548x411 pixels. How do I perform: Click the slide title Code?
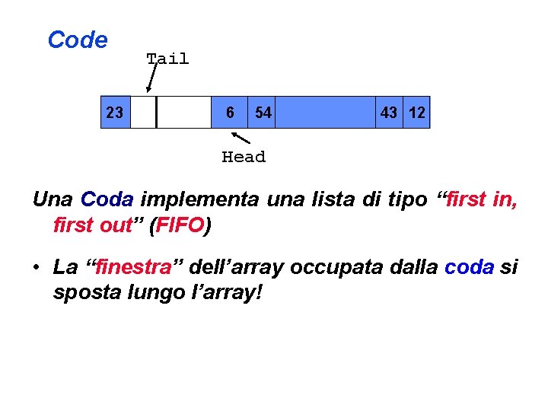77,40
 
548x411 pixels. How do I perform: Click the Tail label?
167,59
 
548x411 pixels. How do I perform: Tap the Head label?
244,158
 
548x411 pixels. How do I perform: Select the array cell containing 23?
115,113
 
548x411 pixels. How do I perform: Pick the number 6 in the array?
230,113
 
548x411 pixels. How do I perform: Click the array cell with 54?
263,113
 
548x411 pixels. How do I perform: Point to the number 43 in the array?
389,113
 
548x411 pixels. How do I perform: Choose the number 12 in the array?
417,113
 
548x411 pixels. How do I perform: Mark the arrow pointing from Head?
241,138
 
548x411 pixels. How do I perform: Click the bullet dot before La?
37,268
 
